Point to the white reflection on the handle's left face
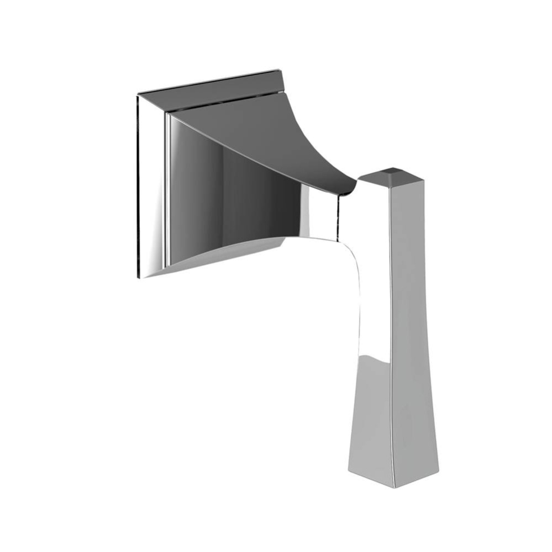tap(375, 287)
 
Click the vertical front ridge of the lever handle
tap(393, 331)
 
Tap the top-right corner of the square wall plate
tap(278, 71)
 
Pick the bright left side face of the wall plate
tap(150, 188)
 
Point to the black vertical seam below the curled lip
tap(338, 218)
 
